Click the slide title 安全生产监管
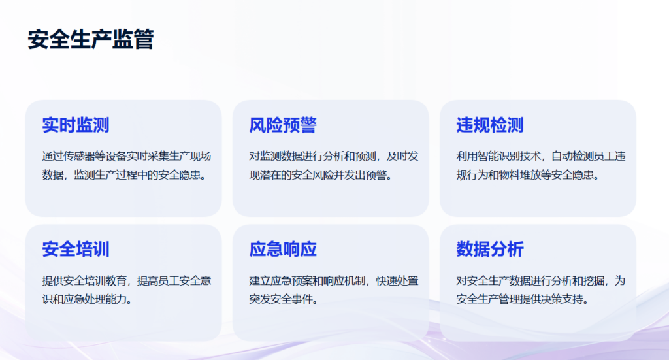(x=91, y=40)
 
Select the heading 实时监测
(x=76, y=125)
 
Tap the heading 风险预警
(x=283, y=125)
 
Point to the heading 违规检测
(x=490, y=125)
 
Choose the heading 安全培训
(x=76, y=250)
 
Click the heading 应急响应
(x=283, y=250)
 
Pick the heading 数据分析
(x=490, y=250)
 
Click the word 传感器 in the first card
(x=79, y=157)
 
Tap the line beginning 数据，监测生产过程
(x=124, y=175)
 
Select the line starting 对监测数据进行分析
(x=334, y=157)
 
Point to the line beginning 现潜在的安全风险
(x=320, y=175)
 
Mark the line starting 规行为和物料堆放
(x=527, y=175)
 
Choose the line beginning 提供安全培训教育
(x=127, y=281)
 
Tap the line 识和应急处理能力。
(x=87, y=299)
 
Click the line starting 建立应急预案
(x=334, y=281)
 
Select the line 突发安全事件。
(x=284, y=299)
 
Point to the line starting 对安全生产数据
(x=540, y=281)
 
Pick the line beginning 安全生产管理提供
(x=522, y=299)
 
